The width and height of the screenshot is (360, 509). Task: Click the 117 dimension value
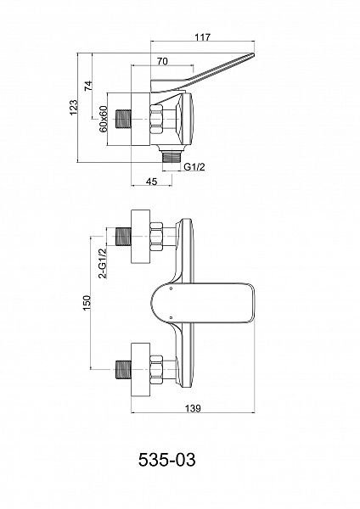pos(202,37)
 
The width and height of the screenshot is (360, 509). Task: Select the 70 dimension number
pos(162,61)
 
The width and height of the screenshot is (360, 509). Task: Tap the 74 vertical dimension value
pos(88,86)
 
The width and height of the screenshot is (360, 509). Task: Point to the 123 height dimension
pos(74,107)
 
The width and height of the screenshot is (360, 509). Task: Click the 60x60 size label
pos(104,119)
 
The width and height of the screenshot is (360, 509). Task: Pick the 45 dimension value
pos(152,182)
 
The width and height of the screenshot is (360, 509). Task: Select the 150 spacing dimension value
pos(87,303)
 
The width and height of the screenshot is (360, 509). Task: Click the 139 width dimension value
pos(193,408)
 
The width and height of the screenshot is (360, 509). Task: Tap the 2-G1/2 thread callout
pos(103,263)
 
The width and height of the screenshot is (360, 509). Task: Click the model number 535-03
pos(167,460)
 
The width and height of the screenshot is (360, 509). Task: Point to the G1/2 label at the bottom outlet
pos(195,167)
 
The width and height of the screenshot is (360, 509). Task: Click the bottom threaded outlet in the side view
pos(172,156)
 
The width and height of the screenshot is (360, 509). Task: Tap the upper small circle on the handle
pos(171,288)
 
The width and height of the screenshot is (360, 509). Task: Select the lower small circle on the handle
pos(171,317)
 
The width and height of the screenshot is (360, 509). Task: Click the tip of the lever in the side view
pos(253,54)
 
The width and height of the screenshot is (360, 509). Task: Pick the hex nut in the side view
pos(156,119)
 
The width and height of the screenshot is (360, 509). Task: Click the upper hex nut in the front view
pos(156,237)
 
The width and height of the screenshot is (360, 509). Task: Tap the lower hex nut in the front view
pos(156,369)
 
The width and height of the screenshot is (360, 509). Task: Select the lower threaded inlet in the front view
pos(123,369)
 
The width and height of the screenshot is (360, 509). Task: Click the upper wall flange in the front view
pos(140,237)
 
